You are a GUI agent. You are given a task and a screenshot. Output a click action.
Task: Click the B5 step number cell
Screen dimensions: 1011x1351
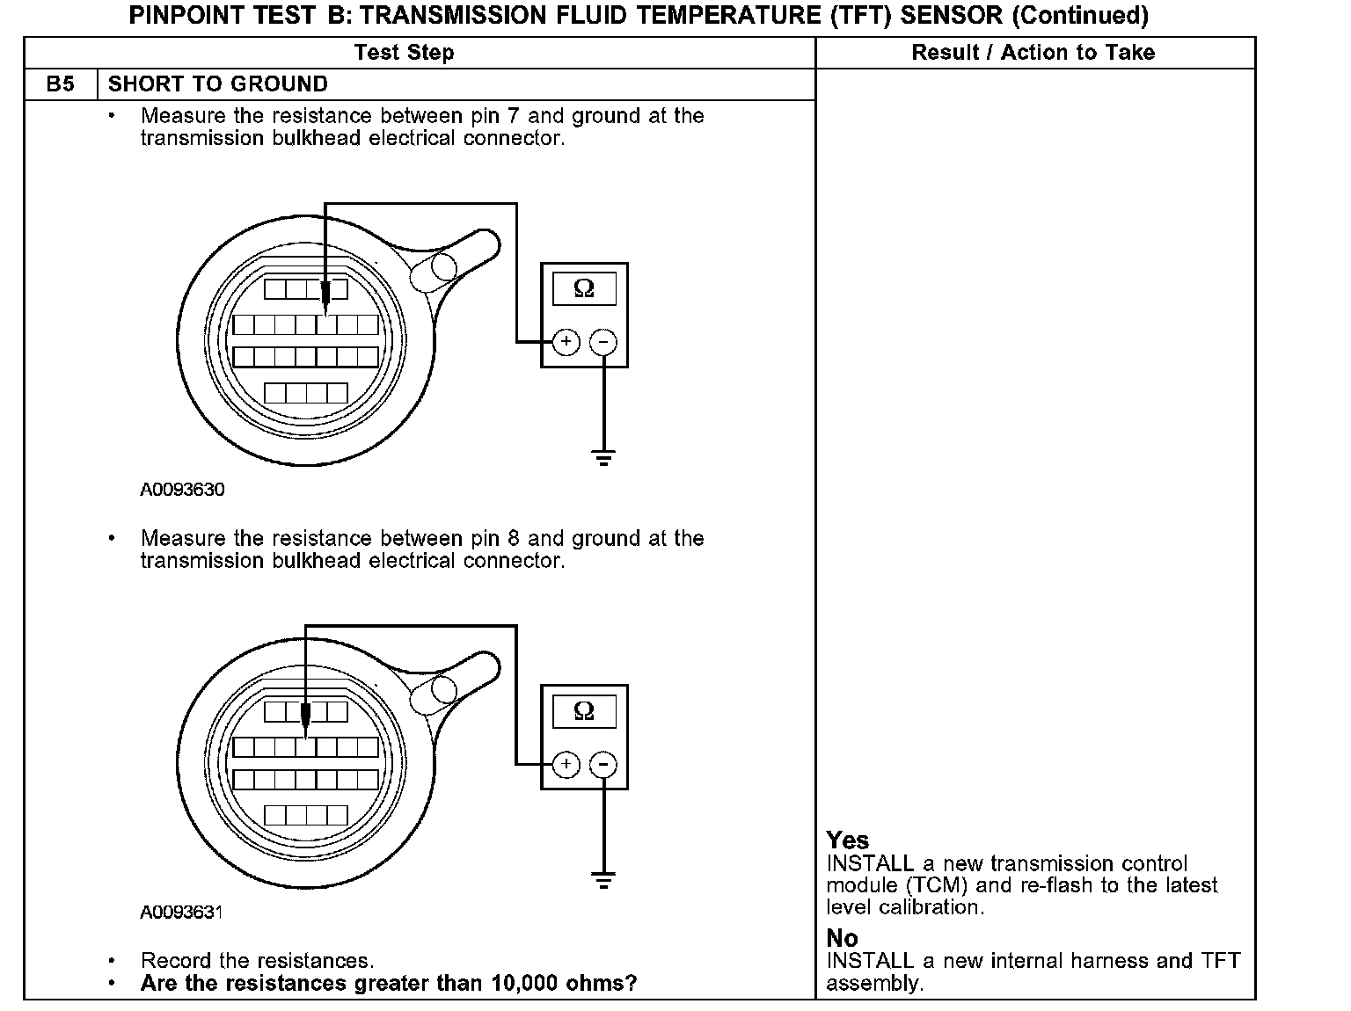(x=60, y=84)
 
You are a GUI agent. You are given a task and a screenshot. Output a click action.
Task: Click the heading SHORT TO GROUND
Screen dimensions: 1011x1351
(x=217, y=84)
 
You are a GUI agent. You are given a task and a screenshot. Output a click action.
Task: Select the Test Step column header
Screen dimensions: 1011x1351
(x=404, y=53)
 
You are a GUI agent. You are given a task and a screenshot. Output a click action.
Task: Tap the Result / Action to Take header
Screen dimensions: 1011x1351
(x=1033, y=53)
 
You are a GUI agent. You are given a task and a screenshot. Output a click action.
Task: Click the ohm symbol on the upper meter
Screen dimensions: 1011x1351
(x=583, y=288)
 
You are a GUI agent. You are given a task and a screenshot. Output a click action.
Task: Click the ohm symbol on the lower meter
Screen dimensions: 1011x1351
(x=583, y=710)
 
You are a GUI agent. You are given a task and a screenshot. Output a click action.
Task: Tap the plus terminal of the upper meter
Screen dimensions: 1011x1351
(x=566, y=341)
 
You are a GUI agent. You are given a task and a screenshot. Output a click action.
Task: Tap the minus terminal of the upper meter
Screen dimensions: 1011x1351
(x=602, y=341)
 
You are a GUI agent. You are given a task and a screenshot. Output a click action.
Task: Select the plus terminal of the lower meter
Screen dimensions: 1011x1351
(x=566, y=764)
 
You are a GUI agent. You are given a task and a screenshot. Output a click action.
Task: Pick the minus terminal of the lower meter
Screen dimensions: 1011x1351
(x=602, y=764)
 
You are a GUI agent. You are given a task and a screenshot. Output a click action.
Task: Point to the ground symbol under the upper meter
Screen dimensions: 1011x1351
(x=602, y=458)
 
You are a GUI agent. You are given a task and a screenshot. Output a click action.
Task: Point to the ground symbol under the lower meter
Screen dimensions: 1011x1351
(x=602, y=880)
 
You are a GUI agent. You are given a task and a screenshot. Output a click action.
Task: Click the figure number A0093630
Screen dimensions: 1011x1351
(x=182, y=490)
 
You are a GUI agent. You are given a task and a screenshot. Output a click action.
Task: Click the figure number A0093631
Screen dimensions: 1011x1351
(x=181, y=912)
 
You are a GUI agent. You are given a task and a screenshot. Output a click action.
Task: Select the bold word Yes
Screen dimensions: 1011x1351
(x=847, y=840)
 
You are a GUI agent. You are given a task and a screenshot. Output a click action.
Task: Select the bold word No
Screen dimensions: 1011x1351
(x=842, y=938)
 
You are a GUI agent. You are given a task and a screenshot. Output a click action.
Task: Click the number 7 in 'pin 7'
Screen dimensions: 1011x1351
(x=513, y=116)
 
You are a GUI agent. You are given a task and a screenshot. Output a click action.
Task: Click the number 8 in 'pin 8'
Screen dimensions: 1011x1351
(x=513, y=538)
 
